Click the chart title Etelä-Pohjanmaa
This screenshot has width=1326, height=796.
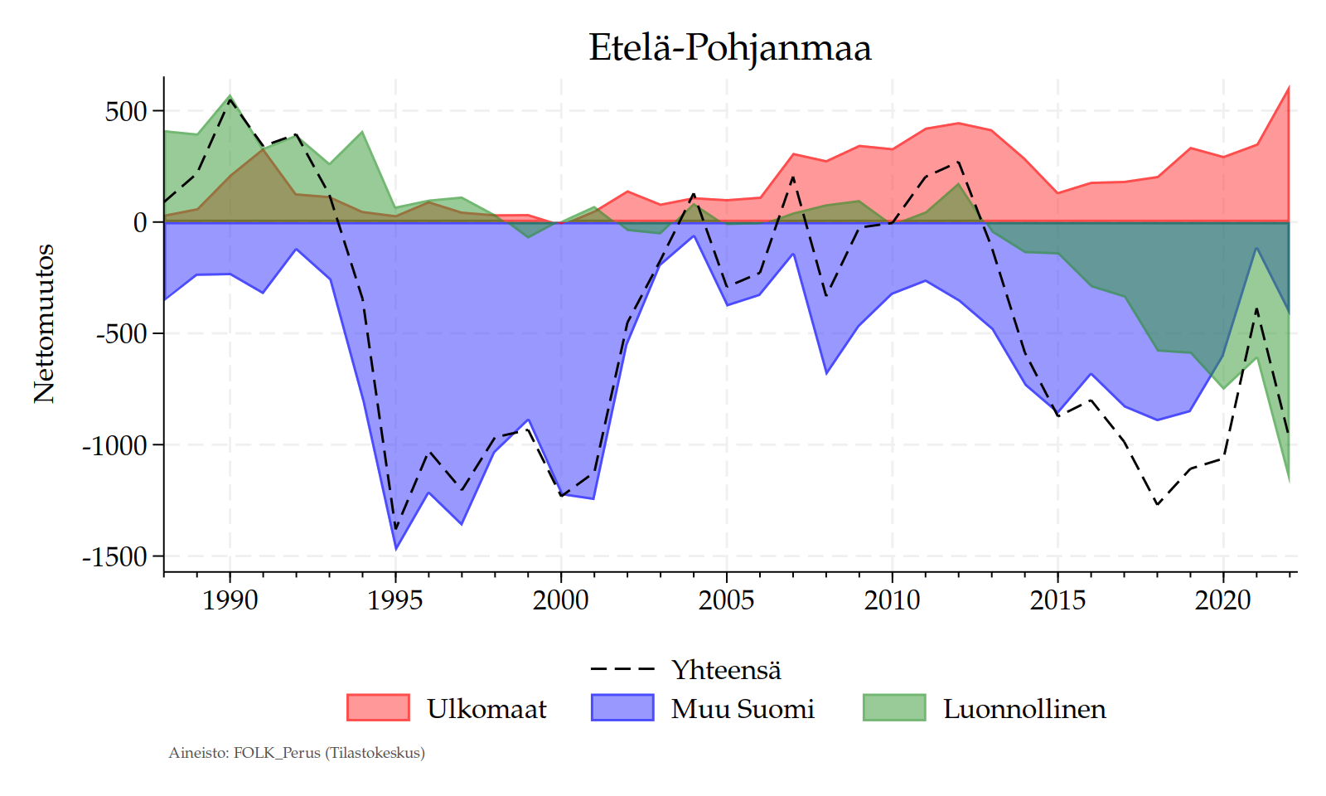pos(729,48)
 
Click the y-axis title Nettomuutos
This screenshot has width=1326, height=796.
pos(44,323)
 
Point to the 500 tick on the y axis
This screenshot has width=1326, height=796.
pos(126,111)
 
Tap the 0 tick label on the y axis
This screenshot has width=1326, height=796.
pos(140,222)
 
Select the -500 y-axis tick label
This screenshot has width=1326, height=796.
pos(121,334)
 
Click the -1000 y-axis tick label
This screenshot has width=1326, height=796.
pos(114,445)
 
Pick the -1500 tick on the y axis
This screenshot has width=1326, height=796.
pos(114,557)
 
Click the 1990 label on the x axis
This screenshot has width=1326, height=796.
pos(230,599)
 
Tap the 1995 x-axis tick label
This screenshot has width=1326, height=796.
pos(395,599)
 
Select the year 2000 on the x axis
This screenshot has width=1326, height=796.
pos(561,599)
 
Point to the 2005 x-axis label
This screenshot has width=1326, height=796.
pos(726,599)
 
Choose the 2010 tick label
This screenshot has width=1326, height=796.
pos(892,599)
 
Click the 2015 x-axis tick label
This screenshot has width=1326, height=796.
pos(1057,599)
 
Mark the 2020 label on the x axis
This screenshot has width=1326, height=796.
pos(1222,599)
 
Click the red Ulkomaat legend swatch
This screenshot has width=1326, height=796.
pos(378,708)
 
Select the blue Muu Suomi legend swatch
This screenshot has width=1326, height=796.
pos(622,708)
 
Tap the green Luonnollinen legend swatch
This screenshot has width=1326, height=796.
pos(894,708)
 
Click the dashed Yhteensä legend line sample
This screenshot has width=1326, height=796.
pos(622,669)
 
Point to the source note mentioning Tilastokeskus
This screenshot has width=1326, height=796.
pos(297,753)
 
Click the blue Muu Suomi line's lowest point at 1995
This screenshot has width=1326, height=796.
pos(395,549)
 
